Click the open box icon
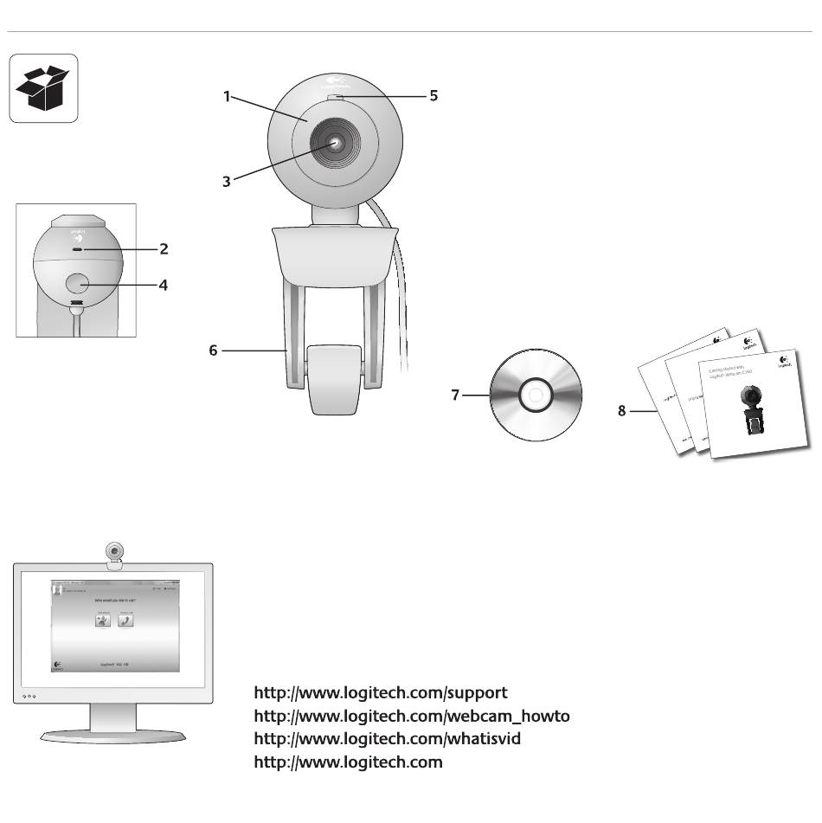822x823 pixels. pos(43,88)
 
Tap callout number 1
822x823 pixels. pos(227,97)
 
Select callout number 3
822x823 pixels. pos(227,182)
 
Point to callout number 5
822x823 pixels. pos(433,96)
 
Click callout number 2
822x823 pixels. pos(164,249)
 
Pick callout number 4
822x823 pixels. pos(164,284)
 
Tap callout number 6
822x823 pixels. pos(214,350)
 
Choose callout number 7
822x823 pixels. pos(455,395)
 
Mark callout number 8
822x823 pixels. pos(621,411)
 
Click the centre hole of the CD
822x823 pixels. pos(533,396)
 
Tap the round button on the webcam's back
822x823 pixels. pos(78,284)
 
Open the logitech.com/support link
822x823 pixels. pos(381,693)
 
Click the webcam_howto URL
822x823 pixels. pos(412,716)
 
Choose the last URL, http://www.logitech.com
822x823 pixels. pos(348,762)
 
